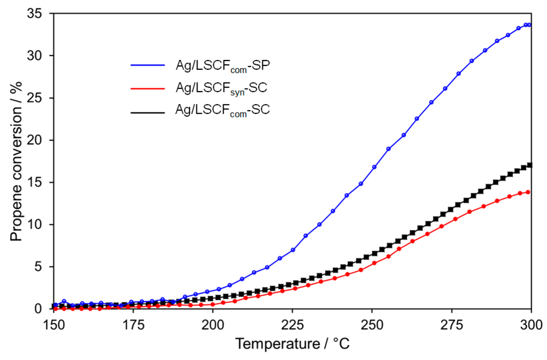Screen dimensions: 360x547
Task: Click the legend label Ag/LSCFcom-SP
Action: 223,66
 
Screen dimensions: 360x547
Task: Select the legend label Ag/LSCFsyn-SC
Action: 221,88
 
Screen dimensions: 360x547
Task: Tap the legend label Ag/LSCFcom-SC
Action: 222,110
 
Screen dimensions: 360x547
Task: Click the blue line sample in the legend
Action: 148,65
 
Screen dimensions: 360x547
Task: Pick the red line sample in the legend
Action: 148,89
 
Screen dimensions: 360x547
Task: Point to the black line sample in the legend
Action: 148,112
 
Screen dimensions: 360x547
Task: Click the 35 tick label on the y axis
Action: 34,13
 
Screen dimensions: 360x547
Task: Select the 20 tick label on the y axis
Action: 34,140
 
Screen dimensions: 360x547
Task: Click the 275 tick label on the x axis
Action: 452,325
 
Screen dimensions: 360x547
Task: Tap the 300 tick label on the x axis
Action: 531,325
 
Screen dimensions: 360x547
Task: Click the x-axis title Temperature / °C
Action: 292,344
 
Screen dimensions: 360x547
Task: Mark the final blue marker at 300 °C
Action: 529,25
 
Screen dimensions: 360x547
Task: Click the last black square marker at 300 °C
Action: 530,165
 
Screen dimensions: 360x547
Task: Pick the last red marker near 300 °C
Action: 528,192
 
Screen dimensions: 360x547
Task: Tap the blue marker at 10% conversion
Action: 320,225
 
